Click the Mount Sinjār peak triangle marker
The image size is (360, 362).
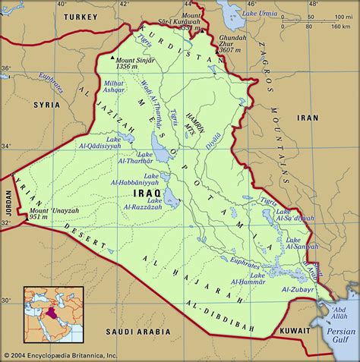[113, 58]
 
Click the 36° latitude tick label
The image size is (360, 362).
[7, 68]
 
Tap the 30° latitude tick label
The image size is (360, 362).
[7, 300]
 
